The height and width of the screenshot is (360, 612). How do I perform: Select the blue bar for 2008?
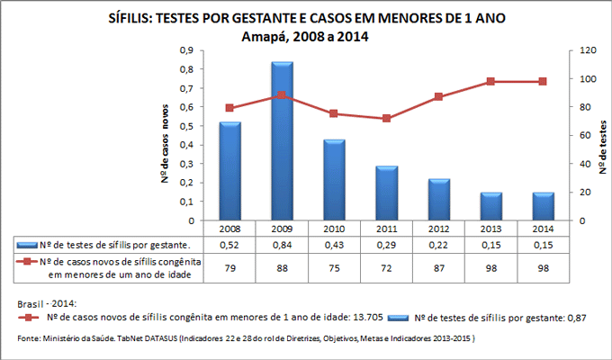(x=230, y=171)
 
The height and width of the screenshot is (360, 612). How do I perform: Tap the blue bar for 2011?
(x=387, y=193)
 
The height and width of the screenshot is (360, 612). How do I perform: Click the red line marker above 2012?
(x=438, y=96)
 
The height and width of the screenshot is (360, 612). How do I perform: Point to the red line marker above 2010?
(x=335, y=113)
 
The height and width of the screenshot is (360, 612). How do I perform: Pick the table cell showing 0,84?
(x=283, y=245)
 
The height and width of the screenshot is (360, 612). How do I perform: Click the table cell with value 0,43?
(x=335, y=245)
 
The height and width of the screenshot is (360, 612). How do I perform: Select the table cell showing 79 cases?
(x=230, y=267)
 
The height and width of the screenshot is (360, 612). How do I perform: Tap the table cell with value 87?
(x=438, y=267)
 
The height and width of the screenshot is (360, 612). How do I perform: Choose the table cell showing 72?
(x=387, y=267)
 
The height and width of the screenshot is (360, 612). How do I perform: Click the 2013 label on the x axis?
(x=490, y=229)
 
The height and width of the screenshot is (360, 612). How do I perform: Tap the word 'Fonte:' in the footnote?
(x=30, y=338)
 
